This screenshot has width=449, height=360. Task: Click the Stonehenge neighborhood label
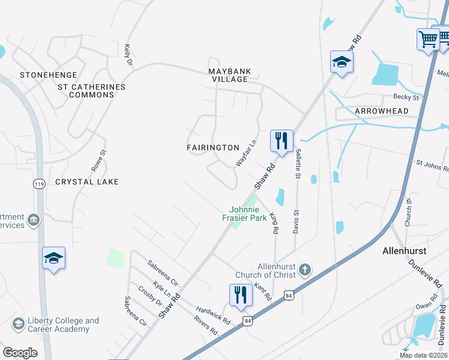coord(49,75)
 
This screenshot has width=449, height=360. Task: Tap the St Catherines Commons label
coord(91,91)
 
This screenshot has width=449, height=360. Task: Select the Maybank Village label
coord(228,75)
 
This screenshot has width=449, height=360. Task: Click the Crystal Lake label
coord(87,181)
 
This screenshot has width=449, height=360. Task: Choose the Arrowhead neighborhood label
coord(381,112)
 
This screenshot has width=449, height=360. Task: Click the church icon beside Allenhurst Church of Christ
coord(305,269)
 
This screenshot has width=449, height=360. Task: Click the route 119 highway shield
coord(40,184)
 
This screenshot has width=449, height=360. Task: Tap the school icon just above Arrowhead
coord(342,62)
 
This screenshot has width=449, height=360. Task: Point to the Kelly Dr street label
coord(127,55)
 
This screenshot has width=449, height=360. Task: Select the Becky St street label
coord(405,97)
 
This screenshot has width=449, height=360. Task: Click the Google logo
coord(20,353)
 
